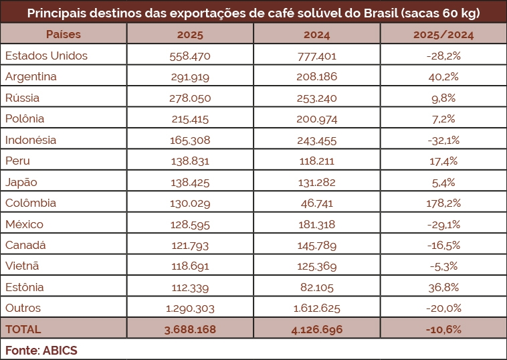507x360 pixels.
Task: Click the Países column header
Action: [x=64, y=33]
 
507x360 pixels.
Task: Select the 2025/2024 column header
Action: [x=443, y=33]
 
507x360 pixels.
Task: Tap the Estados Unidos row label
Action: [x=46, y=56]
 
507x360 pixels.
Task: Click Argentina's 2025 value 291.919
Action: [x=190, y=77]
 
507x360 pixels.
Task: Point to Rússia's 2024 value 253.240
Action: [x=317, y=98]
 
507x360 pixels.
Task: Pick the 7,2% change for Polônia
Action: [x=443, y=119]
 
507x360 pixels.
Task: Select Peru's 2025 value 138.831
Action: [x=190, y=161]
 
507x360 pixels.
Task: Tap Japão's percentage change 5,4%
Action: [x=443, y=182]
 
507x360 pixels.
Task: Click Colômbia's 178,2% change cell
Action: [x=443, y=203]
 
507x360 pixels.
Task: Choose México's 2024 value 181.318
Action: [x=317, y=224]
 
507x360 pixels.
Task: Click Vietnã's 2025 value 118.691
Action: [x=190, y=266]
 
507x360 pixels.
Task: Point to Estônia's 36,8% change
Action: [x=443, y=288]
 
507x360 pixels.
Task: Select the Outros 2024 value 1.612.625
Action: [x=317, y=308]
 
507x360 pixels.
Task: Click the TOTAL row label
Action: [x=23, y=329]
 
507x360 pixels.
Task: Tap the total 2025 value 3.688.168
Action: [x=190, y=329]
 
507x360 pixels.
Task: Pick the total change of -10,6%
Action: [x=443, y=329]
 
